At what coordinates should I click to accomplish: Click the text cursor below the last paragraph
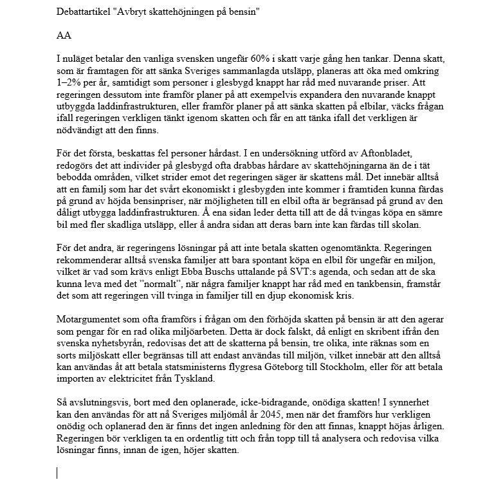click(x=57, y=473)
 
